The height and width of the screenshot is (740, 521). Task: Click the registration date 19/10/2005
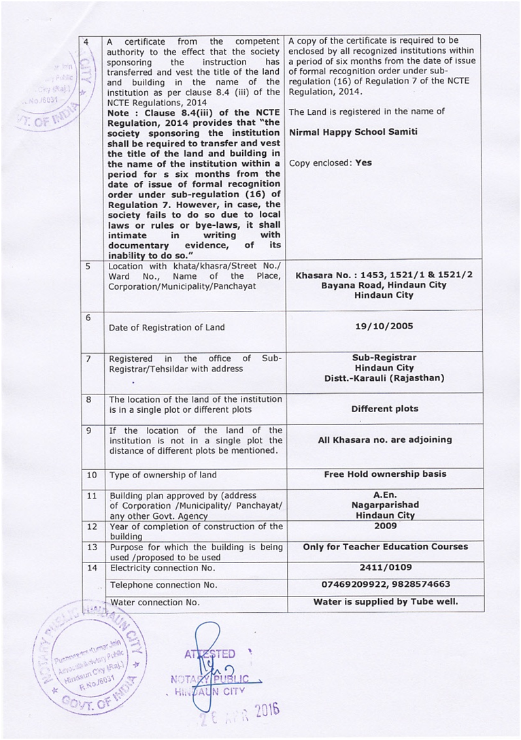coord(384,326)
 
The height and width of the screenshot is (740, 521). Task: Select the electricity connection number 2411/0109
coord(385,567)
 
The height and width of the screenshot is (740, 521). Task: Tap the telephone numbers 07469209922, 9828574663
coord(385,584)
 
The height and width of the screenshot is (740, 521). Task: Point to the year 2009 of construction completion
coord(385,526)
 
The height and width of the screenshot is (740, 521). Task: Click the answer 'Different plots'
coord(385,409)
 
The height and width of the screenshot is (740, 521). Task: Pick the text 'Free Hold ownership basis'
coord(385,474)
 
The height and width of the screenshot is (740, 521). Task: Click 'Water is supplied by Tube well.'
coord(385,602)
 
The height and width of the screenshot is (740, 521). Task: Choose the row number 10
coord(92,475)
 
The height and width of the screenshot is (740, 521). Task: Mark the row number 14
coord(92,567)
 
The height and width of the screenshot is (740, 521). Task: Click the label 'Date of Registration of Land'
coord(167,327)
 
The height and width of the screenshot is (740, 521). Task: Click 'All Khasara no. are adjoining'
coord(385,439)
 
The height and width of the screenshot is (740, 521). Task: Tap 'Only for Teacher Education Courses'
coord(385,547)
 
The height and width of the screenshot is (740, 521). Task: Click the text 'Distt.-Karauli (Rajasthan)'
coord(384,378)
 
